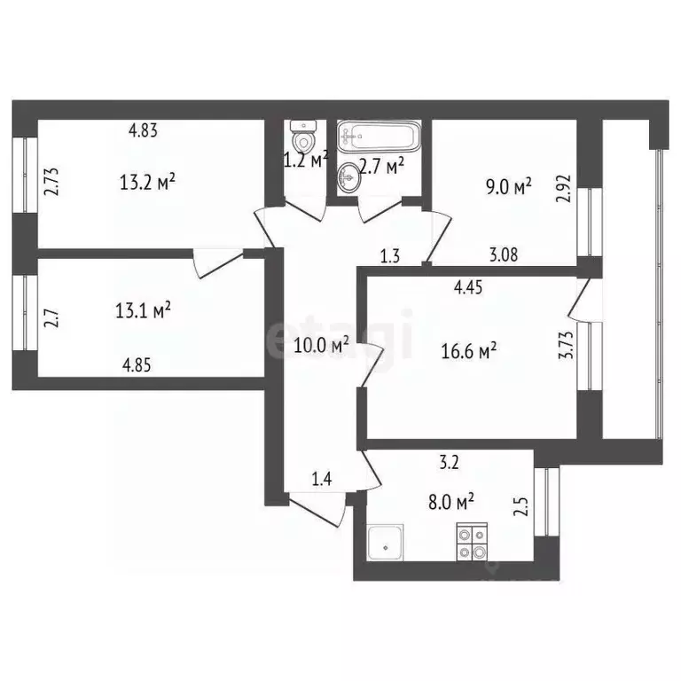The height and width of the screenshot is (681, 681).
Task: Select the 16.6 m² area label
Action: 468,352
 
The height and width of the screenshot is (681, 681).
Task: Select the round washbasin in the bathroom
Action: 349,176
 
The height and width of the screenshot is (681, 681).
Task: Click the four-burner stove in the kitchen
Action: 471,542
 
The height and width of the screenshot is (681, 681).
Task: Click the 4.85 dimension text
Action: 143,362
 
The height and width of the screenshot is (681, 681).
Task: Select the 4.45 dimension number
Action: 469,286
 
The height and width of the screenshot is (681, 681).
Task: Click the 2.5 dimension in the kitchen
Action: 522,508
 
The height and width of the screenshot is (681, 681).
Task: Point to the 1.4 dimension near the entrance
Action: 322,480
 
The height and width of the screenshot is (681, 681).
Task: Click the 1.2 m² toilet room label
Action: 306,160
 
